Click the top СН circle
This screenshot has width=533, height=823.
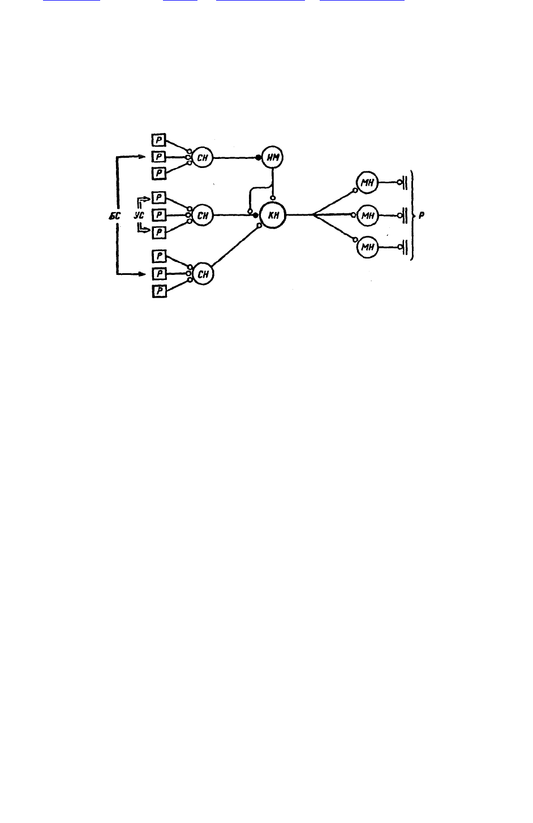tap(203, 157)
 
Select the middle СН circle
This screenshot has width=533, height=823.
tap(203, 216)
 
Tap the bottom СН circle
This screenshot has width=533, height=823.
tap(203, 274)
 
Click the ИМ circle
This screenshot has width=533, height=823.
tap(273, 157)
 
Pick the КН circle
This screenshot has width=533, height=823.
tap(273, 216)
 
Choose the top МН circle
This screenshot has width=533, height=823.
tap(367, 182)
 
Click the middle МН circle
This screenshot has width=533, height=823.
tap(368, 216)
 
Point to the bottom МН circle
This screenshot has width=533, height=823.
tap(368, 247)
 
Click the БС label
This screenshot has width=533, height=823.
tap(115, 216)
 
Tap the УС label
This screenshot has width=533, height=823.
tap(139, 216)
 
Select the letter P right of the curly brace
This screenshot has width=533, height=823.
tap(422, 216)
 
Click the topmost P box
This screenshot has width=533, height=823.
tap(159, 140)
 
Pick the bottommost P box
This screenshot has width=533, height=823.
tap(160, 291)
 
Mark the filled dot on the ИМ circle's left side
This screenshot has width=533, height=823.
tap(259, 158)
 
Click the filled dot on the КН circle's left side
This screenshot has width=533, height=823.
tap(256, 216)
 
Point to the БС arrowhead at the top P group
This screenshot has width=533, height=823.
tap(142, 157)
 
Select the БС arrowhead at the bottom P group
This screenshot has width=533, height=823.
tap(142, 274)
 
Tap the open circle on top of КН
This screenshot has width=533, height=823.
tap(273, 198)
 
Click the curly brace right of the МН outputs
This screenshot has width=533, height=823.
tap(413, 216)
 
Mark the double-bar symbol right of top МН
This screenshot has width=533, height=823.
tap(405, 182)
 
